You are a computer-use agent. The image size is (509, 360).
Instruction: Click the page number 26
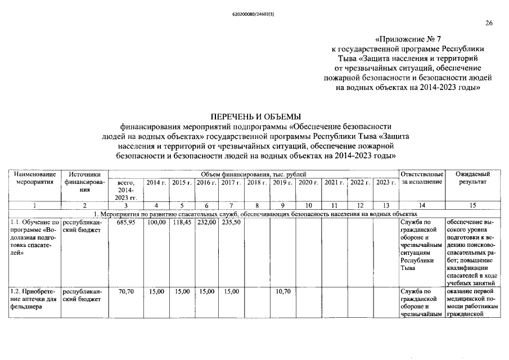coord(488,23)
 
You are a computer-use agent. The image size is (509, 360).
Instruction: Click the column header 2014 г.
coord(156,182)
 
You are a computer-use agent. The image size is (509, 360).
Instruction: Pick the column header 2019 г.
coord(282,182)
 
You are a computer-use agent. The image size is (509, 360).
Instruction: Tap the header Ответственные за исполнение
coord(422,178)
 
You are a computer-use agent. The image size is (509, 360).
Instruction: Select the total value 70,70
coord(125,291)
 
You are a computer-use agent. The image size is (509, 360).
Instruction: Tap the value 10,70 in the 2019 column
coord(282,291)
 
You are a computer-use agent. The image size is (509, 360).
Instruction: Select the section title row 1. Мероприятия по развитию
coord(255,214)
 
